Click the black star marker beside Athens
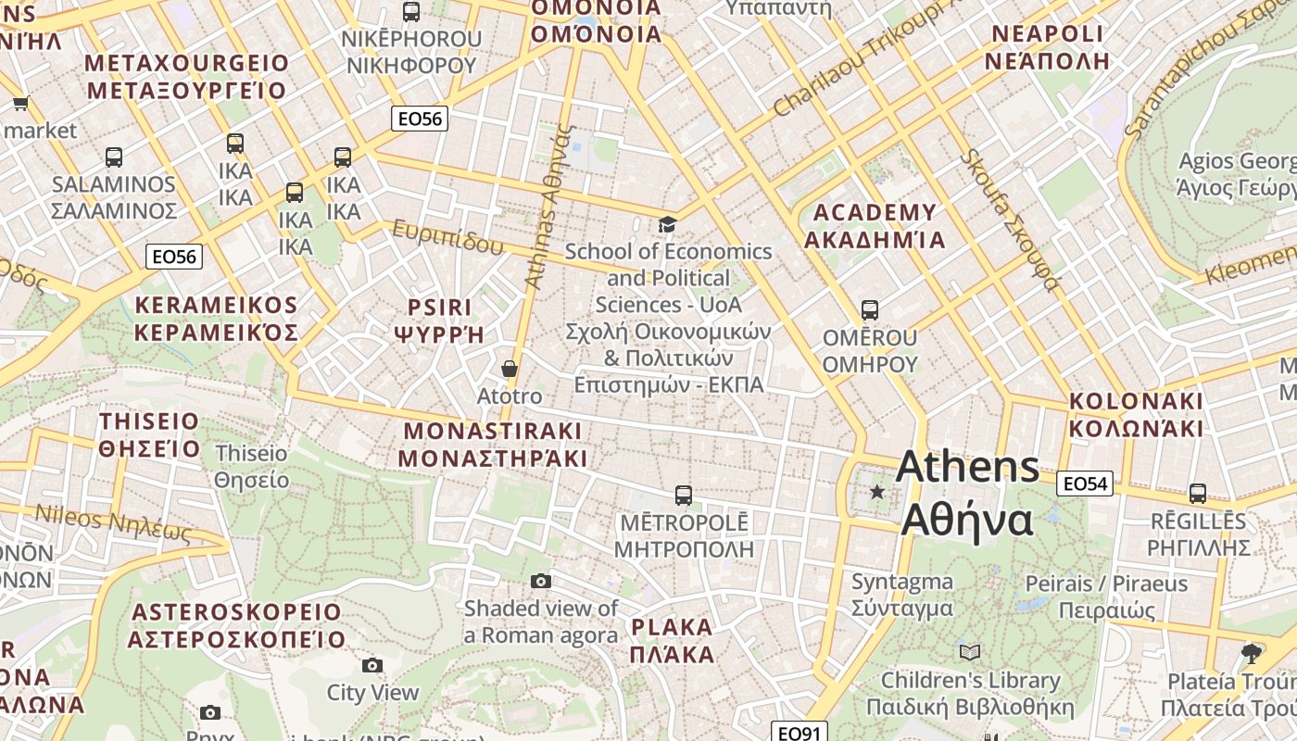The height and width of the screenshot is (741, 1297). coord(876,492)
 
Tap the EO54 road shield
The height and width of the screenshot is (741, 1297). coord(1085,484)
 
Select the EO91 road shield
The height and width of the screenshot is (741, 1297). coord(798,733)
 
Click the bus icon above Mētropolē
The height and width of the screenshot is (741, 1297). coord(684,495)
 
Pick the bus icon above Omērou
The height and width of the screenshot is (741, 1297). coord(869,309)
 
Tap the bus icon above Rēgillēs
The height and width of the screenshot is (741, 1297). coord(1197,494)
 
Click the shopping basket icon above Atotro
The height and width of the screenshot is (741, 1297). coord(509,369)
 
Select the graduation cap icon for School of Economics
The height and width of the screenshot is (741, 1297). coord(667,224)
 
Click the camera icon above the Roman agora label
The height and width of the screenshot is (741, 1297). coord(541,581)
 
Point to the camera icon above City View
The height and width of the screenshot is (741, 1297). coord(372,665)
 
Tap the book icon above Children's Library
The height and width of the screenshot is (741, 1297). coord(969,652)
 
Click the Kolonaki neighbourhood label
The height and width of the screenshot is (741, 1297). coord(1136,415)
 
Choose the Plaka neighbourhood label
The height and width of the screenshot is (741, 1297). coord(673,640)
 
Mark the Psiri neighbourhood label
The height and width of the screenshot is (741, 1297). coord(439,320)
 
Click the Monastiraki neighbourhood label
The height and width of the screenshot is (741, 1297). coord(492,445)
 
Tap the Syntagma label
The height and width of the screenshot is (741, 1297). coord(901,595)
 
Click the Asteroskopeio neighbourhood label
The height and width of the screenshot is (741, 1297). coord(236,626)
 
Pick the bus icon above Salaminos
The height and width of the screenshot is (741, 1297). coord(114,157)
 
